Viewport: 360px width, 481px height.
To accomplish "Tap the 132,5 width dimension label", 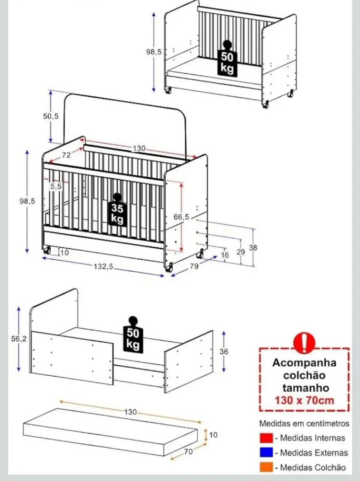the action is (x=104, y=266).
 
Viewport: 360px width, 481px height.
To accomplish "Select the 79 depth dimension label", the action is (x=194, y=266).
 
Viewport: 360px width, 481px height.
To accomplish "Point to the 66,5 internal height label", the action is (x=181, y=217).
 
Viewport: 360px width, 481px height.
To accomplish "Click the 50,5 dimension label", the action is (x=51, y=116).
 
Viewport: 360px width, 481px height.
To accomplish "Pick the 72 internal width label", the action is (x=66, y=155).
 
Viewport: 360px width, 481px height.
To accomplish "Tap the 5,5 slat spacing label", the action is (x=56, y=186).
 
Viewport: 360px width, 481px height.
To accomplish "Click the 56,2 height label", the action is (x=19, y=339).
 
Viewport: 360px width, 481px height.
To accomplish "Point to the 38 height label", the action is (x=253, y=248).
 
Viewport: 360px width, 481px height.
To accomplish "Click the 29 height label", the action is (x=241, y=252).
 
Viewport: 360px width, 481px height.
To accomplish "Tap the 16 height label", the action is (x=225, y=255).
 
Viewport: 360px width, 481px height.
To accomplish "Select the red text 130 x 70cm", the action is (x=304, y=400).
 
